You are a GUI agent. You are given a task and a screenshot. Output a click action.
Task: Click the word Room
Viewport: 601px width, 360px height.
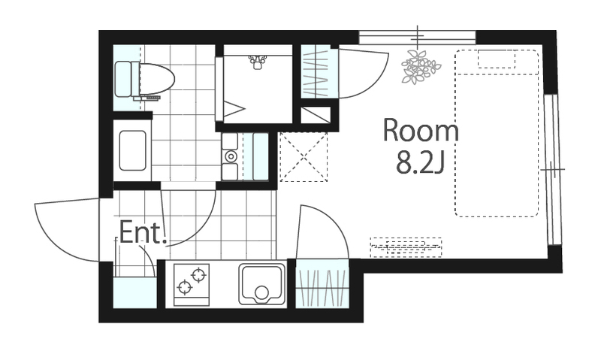coord(421,131)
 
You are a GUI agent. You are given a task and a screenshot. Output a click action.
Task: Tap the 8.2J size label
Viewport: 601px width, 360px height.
coord(420,163)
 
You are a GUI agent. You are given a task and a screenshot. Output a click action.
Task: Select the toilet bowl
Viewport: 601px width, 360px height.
coord(157,80)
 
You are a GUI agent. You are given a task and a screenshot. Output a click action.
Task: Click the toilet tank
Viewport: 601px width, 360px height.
coord(123,79)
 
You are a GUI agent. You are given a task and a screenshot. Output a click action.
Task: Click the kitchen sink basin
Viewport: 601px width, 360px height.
coord(262,284)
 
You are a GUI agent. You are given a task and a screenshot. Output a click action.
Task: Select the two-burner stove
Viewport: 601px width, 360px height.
coord(192,285)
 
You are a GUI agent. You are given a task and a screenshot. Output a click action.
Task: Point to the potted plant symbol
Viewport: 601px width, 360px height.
coord(421,66)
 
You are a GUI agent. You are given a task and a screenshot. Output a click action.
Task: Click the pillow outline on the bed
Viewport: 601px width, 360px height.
coord(497,59)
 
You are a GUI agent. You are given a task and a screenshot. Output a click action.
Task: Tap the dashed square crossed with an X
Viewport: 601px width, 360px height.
coord(304,156)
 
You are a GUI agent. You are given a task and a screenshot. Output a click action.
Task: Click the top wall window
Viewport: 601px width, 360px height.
coord(417,38)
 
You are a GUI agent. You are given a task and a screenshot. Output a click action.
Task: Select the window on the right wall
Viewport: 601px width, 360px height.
coord(552,169)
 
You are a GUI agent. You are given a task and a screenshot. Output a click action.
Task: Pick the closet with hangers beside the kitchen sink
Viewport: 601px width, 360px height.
coord(322,283)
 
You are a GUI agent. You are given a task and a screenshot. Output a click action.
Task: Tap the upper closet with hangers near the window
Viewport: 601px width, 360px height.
coord(316,71)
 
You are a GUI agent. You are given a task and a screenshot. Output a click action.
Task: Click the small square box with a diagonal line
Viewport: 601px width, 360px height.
coord(316,115)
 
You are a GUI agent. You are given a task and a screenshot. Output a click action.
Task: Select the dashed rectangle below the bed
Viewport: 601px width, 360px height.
coord(406,247)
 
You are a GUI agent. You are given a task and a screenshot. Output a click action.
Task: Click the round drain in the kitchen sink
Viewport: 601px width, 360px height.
coord(261,293)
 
